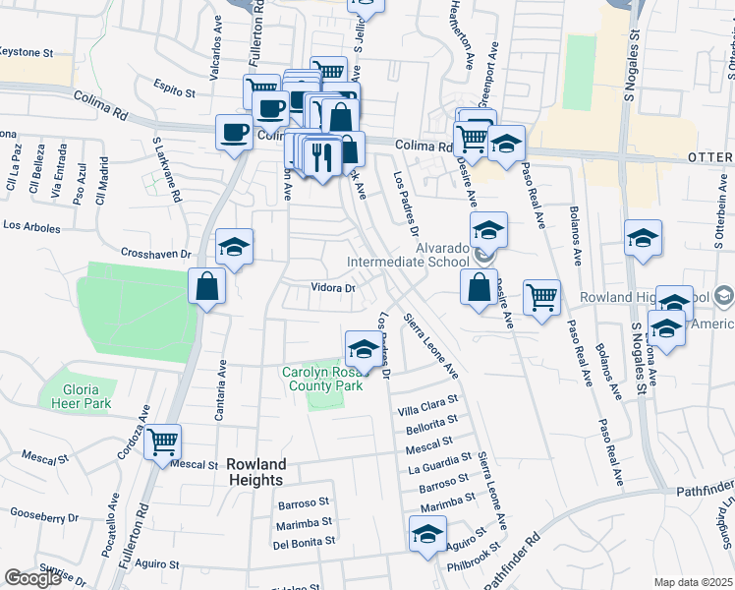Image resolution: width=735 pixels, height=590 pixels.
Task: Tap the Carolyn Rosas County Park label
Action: tap(322, 379)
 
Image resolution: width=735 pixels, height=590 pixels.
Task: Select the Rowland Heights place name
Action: tap(255, 472)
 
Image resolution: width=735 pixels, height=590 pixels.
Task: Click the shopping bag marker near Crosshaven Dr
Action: tap(207, 288)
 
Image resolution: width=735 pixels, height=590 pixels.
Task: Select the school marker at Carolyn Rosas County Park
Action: tap(363, 350)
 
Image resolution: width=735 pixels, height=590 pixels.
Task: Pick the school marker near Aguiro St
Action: tap(427, 536)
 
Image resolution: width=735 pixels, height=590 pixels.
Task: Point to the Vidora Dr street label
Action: tap(332, 289)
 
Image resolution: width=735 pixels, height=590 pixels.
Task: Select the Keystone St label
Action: tap(26, 51)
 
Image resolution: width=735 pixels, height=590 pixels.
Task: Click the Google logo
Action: tap(32, 578)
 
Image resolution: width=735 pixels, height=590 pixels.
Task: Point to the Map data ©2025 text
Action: tap(694, 582)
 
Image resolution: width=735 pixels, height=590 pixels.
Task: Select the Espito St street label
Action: tap(175, 90)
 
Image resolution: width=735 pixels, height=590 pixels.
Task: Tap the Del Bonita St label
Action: tap(304, 542)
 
